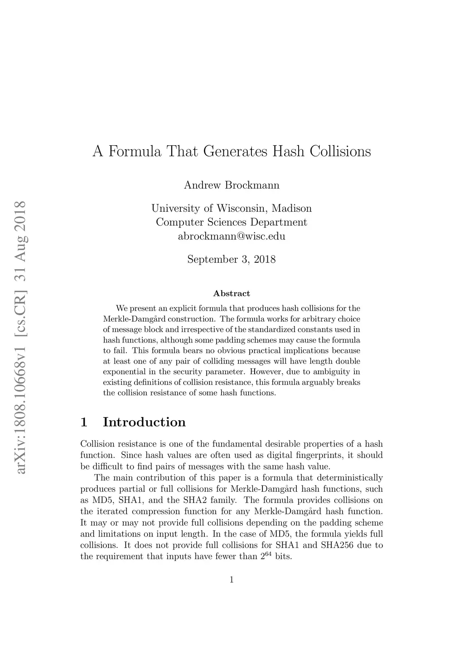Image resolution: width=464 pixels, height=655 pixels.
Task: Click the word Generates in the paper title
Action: click(235, 152)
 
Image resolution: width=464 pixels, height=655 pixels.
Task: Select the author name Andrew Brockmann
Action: click(232, 185)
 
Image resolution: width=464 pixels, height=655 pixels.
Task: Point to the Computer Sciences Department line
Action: click(232, 223)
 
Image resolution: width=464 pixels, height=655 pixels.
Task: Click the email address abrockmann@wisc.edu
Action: click(232, 236)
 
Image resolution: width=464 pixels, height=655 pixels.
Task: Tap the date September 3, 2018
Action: click(232, 260)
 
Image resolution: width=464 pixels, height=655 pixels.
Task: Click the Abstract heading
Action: click(232, 294)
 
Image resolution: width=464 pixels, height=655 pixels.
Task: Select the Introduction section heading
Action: click(144, 422)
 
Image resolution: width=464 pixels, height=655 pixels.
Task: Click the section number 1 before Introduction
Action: click(84, 422)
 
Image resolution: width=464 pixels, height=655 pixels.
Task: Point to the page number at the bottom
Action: click(232, 580)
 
